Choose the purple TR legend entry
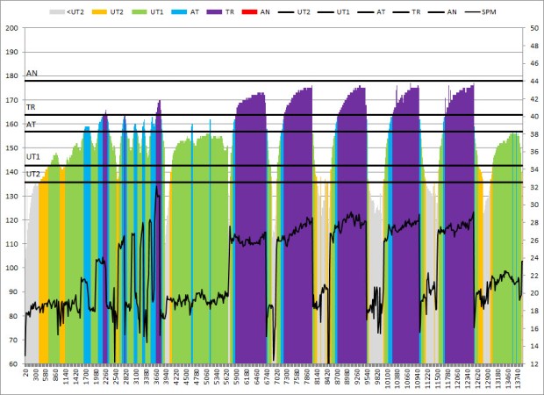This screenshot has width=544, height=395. point(223,13)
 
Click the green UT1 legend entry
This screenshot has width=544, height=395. point(151,13)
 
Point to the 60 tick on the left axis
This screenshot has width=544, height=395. point(14,363)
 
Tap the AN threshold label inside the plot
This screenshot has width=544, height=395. point(32,75)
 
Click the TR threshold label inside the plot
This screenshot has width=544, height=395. point(31,108)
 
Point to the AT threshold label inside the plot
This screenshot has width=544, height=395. point(31,125)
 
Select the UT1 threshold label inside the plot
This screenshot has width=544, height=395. point(33,157)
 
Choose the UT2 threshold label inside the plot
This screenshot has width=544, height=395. point(33,174)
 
